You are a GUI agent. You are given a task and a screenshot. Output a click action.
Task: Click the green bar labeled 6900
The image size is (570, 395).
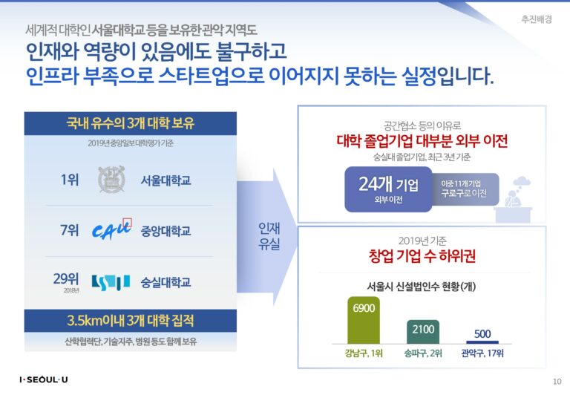pyautogui.click(x=364, y=320)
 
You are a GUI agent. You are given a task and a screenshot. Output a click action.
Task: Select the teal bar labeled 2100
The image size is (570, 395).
pyautogui.click(x=423, y=332)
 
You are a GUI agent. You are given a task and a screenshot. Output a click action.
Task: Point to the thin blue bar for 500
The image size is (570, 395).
pyautogui.click(x=482, y=342)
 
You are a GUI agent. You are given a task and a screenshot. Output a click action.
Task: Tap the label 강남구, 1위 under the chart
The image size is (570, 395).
pyautogui.click(x=364, y=353)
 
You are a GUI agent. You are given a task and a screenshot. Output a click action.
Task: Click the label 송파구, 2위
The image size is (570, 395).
pyautogui.click(x=423, y=353)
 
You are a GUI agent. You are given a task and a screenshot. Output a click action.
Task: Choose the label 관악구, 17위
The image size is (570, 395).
pyautogui.click(x=482, y=353)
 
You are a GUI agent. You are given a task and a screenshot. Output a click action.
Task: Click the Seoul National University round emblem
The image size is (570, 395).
pyautogui.click(x=111, y=180)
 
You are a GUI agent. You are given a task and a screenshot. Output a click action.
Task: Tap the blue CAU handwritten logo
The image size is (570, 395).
pyautogui.click(x=111, y=230)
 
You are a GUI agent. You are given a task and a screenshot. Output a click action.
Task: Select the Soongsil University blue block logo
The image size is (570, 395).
pyautogui.click(x=111, y=282)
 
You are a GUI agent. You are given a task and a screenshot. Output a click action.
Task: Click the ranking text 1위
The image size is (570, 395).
pyautogui.click(x=70, y=180)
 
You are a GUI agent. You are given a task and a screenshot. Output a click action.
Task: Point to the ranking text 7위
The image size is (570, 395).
pyautogui.click(x=70, y=230)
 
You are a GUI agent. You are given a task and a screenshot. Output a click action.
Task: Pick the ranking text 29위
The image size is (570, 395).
pyautogui.click(x=66, y=278)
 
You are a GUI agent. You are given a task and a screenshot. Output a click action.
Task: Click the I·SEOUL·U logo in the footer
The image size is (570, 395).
pyautogui.click(x=44, y=379)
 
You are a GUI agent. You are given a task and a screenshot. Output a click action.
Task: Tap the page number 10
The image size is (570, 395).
pyautogui.click(x=557, y=382)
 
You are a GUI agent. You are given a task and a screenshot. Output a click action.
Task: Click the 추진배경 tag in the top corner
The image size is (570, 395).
pyautogui.click(x=537, y=19)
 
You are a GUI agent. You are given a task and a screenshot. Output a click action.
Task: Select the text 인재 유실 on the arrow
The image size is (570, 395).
pyautogui.click(x=269, y=235)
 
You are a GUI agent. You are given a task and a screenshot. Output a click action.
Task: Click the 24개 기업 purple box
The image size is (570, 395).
pyautogui.click(x=388, y=189)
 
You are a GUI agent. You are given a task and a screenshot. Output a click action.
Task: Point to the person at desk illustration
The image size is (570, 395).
pyautogui.click(x=514, y=200)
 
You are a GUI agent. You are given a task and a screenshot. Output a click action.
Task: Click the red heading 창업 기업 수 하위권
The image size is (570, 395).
pyautogui.click(x=422, y=255)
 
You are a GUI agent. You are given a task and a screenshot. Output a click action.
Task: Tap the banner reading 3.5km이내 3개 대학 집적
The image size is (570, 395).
pyautogui.click(x=130, y=321)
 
